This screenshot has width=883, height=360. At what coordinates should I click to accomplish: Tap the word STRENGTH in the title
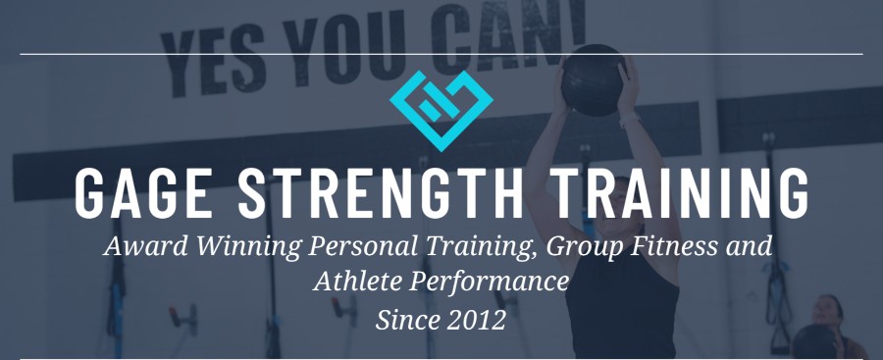(x=381, y=192)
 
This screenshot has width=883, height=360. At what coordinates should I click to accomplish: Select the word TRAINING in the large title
(x=680, y=192)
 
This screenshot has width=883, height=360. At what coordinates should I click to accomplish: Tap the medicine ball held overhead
(x=594, y=80)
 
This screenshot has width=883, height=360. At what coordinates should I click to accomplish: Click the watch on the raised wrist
(x=630, y=119)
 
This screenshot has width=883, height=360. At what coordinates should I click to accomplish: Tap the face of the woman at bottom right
(x=826, y=312)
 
